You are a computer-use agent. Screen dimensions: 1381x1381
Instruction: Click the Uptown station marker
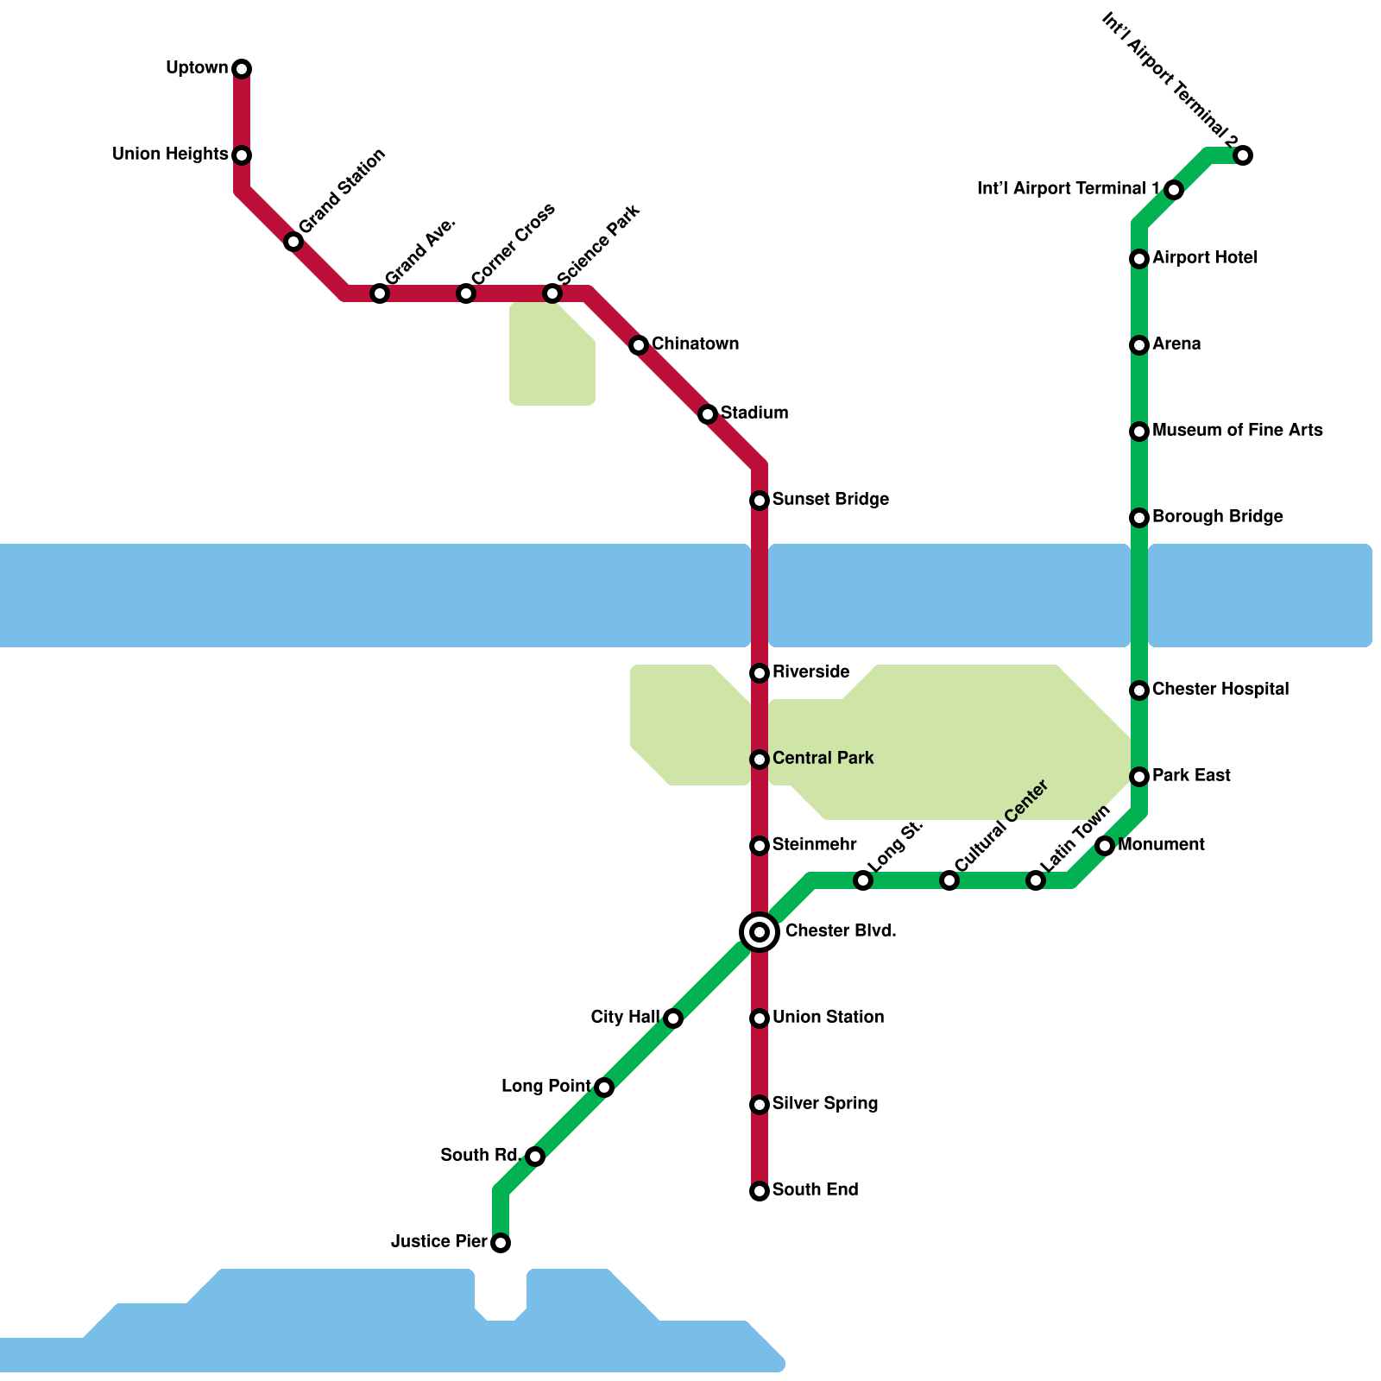click(242, 69)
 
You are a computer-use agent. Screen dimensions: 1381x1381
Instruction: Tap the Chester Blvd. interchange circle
click(760, 932)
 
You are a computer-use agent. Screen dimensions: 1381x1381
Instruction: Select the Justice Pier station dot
click(501, 1243)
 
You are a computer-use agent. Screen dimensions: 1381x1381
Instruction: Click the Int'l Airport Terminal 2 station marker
click(1243, 155)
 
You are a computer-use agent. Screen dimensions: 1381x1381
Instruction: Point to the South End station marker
click(760, 1191)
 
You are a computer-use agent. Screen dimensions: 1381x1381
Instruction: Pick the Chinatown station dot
click(639, 345)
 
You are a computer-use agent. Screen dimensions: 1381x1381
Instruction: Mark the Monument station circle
click(1105, 846)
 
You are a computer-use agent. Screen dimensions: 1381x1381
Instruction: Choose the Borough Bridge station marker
click(1139, 518)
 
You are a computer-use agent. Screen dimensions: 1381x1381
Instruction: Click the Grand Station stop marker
click(293, 242)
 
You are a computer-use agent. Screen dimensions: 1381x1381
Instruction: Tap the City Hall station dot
click(673, 1018)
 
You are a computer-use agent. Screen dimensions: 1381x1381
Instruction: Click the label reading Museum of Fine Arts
click(1237, 430)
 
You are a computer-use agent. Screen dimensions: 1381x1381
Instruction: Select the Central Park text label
click(823, 758)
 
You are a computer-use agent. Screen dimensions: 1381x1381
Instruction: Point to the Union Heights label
click(170, 154)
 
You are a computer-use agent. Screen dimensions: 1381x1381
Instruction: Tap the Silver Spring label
click(825, 1103)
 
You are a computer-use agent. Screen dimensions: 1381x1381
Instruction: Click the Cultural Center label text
click(1001, 826)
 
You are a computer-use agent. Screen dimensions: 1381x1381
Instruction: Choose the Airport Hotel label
click(1204, 257)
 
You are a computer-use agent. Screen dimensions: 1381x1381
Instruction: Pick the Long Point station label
click(545, 1086)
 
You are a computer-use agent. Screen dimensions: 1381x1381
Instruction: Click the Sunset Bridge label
click(830, 499)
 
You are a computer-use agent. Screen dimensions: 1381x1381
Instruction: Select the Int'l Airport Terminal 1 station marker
click(1174, 190)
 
